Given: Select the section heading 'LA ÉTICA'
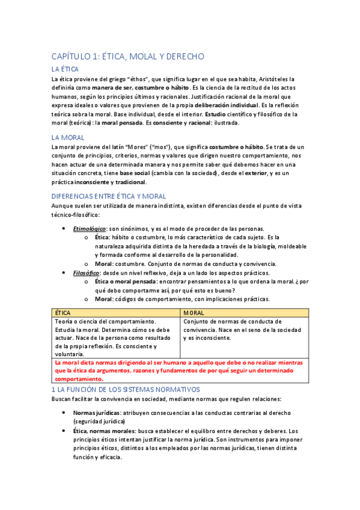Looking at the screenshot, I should click(66, 70).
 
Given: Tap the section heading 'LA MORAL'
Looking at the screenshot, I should click(68, 137).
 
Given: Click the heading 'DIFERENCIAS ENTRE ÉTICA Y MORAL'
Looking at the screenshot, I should click(109, 196).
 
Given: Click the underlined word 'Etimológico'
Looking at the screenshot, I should click(90, 229).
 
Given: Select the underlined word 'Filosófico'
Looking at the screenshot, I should click(87, 272).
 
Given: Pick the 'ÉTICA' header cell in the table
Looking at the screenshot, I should click(63, 313).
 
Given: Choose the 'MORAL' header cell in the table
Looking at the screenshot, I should click(194, 313).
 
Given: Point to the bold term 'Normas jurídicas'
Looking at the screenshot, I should click(96, 413).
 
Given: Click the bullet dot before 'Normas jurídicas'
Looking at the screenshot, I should click(64, 413).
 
